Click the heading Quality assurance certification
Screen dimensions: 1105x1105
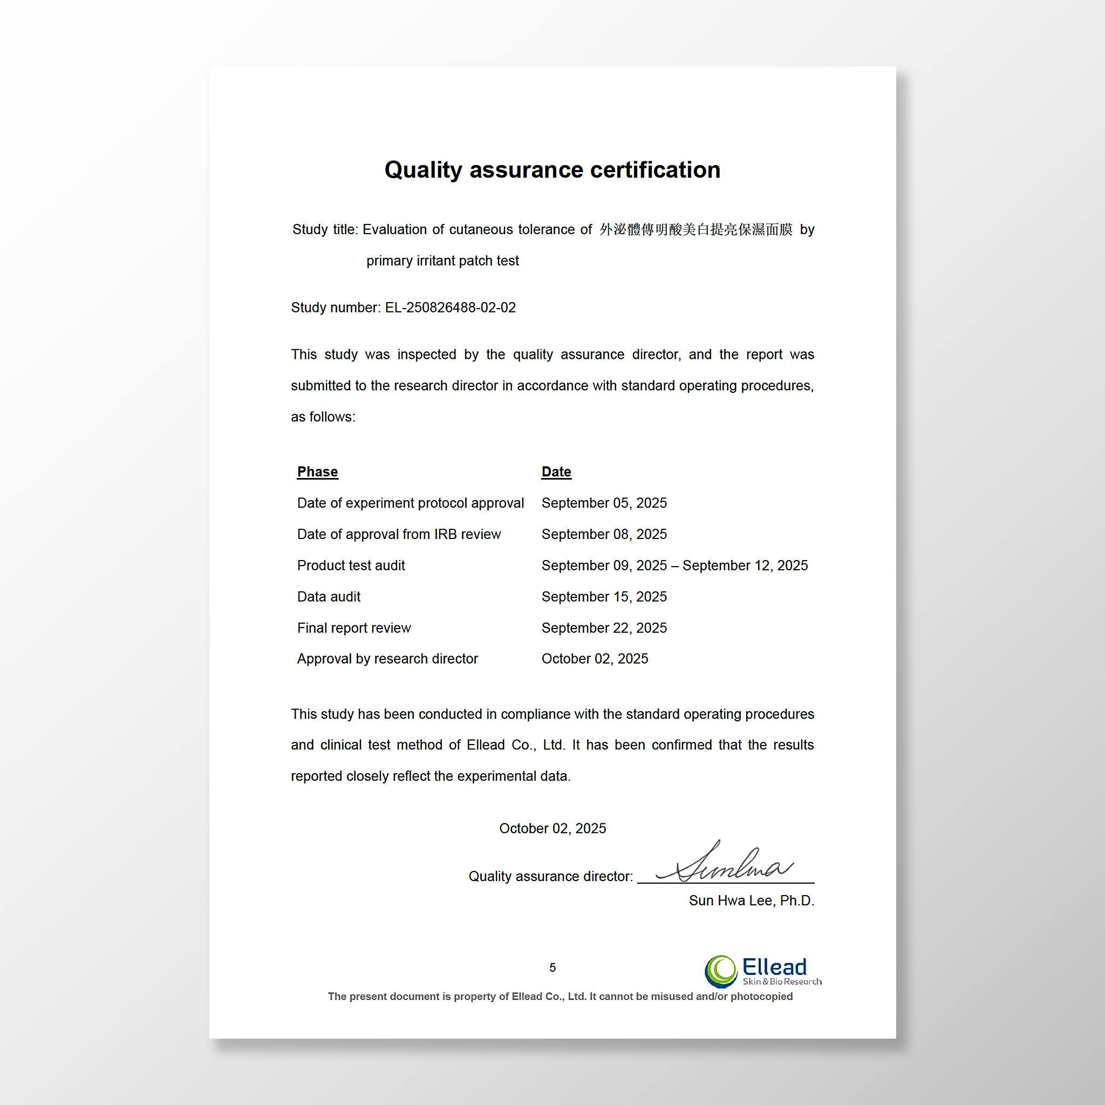point(552,170)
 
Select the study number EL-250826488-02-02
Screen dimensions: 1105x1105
point(450,308)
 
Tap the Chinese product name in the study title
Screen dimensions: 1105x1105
point(695,229)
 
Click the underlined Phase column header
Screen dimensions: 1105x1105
point(317,472)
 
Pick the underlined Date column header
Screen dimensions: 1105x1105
point(556,472)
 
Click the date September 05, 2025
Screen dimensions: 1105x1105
point(604,503)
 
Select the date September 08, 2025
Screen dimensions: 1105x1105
point(604,534)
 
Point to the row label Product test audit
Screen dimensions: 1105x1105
point(351,565)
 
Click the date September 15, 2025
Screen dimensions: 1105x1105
point(604,597)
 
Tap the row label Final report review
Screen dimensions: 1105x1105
point(354,628)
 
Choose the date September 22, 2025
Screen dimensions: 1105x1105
point(604,628)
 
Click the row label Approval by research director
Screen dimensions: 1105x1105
point(387,659)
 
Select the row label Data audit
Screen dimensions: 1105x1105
point(329,597)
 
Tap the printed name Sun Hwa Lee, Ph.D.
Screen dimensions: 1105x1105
point(752,901)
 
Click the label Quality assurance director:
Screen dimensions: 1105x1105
point(550,876)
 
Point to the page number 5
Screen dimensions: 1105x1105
point(552,968)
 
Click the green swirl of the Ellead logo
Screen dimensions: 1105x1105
point(721,971)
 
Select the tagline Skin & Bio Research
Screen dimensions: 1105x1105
point(782,982)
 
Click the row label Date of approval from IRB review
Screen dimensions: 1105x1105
point(399,534)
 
